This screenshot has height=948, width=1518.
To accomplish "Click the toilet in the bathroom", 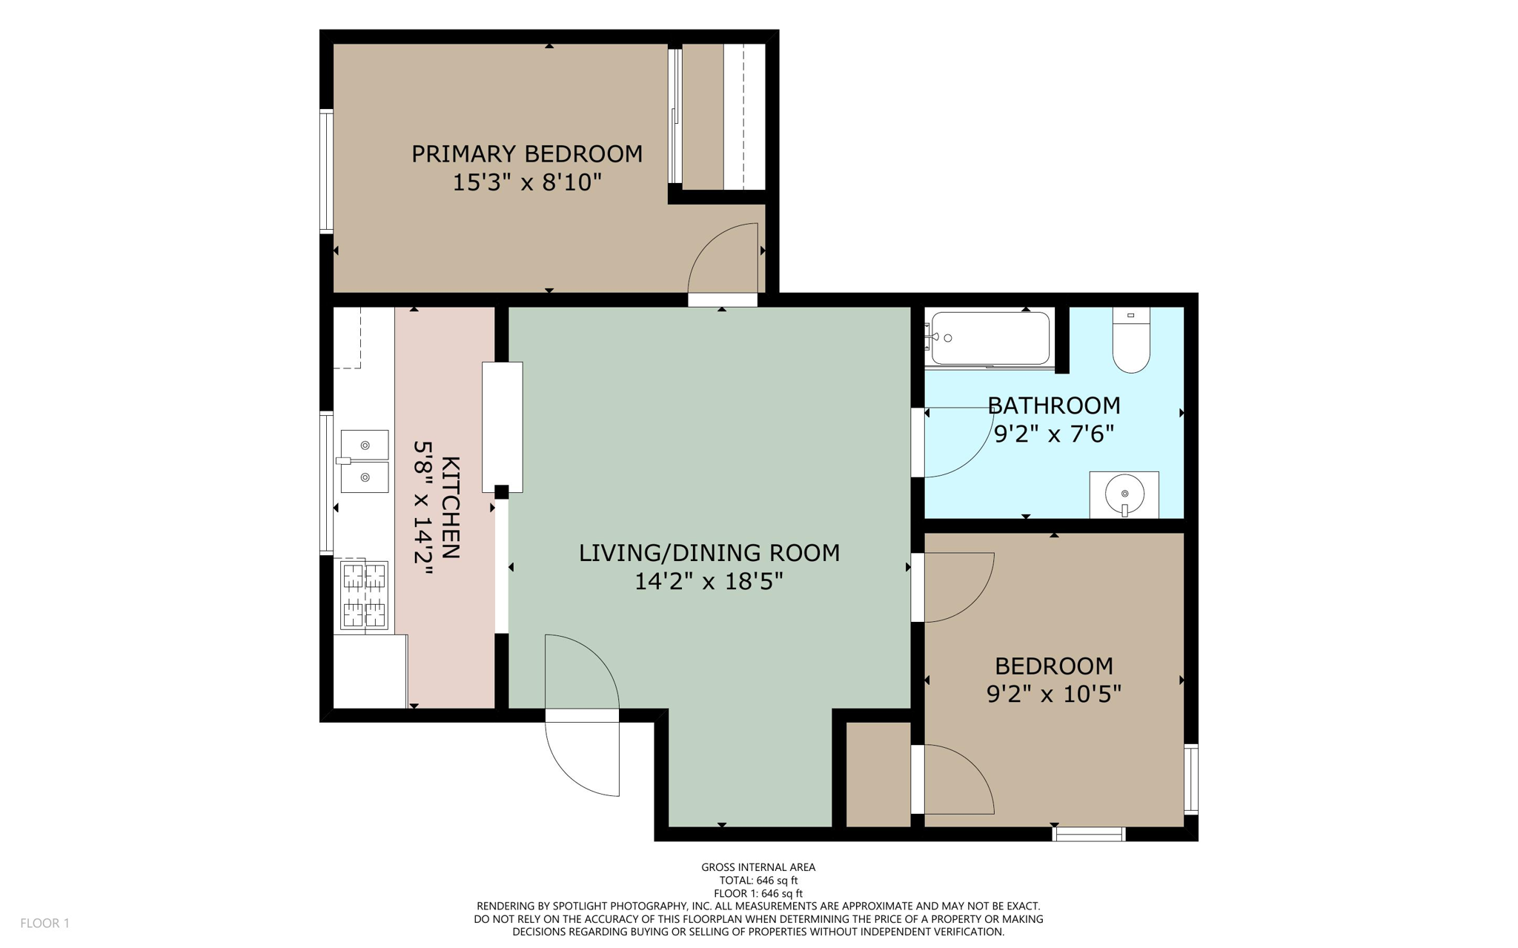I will pyautogui.click(x=1130, y=342).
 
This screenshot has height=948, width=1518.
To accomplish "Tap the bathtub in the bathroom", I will pyautogui.click(x=990, y=338).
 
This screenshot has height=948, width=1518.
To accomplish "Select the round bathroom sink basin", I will pyautogui.click(x=1124, y=493).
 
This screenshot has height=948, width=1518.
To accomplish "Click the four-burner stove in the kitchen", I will pyautogui.click(x=364, y=595).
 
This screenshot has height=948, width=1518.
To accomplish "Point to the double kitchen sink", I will pyautogui.click(x=364, y=461).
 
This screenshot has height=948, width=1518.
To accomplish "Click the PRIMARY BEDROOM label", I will pyautogui.click(x=526, y=154).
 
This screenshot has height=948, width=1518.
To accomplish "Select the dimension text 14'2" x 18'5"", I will pyautogui.click(x=709, y=582).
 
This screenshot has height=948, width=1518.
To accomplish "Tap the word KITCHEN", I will pyautogui.click(x=450, y=508).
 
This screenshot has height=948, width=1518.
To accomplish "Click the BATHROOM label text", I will pyautogui.click(x=1053, y=405).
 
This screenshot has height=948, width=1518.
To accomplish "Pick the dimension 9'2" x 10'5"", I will pyautogui.click(x=1053, y=695).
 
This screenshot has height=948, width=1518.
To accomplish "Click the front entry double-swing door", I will pyautogui.click(x=583, y=715).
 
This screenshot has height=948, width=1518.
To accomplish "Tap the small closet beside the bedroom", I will pyautogui.click(x=878, y=775).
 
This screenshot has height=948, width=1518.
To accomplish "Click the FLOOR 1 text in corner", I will pyautogui.click(x=44, y=923).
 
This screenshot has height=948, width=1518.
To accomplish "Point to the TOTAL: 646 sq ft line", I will pyautogui.click(x=758, y=881).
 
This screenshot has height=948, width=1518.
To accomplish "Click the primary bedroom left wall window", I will pyautogui.click(x=326, y=171).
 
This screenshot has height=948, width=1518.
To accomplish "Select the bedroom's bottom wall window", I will pyautogui.click(x=1089, y=835).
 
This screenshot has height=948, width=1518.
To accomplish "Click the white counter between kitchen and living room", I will pyautogui.click(x=503, y=426).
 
